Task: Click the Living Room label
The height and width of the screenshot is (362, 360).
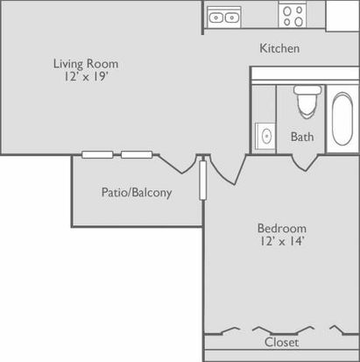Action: click(86, 64)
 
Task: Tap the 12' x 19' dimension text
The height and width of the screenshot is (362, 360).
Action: click(86, 76)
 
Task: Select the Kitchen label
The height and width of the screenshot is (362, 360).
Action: click(279, 48)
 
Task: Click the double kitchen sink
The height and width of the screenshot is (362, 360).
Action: click(224, 18)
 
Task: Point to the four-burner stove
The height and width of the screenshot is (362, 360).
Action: click(293, 16)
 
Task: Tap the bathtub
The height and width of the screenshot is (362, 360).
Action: click(342, 118)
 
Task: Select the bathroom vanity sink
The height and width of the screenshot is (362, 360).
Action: click(265, 136)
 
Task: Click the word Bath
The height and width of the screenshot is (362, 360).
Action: click(302, 137)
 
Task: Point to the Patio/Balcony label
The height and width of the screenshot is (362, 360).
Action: click(137, 193)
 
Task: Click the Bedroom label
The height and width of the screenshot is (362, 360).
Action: click(282, 228)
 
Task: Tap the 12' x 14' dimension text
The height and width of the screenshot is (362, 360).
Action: click(282, 241)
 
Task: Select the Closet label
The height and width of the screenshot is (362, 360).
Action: click(281, 343)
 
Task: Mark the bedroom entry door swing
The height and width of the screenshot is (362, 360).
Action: click(228, 170)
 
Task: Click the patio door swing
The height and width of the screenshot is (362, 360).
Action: click(178, 164)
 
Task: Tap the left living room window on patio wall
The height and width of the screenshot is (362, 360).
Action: click(97, 154)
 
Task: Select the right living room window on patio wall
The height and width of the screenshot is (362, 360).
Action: click(137, 154)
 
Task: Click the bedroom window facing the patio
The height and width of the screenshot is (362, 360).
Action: click(202, 181)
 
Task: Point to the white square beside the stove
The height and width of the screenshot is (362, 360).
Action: click(342, 16)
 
